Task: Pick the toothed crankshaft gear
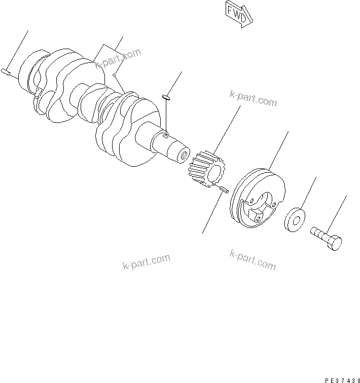click(207, 169)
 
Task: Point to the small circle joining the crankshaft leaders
click(115, 75)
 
